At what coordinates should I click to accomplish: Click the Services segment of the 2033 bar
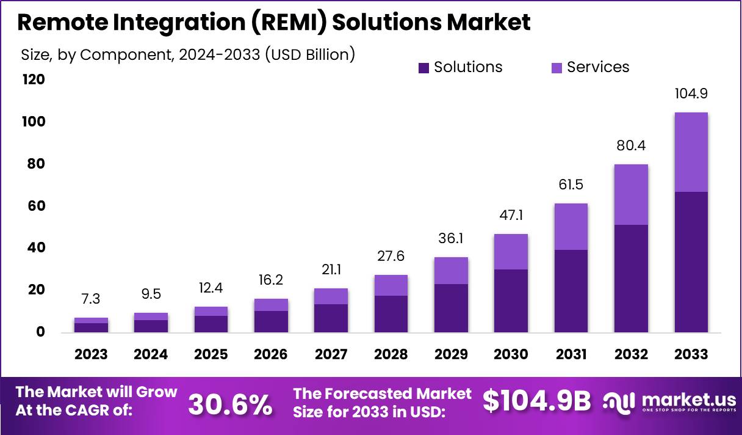click(x=691, y=152)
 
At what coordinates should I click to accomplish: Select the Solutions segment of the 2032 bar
click(x=631, y=279)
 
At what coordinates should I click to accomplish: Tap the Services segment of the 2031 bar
click(x=571, y=227)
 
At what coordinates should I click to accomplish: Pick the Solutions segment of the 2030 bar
click(x=511, y=301)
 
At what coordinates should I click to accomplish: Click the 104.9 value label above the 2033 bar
click(x=691, y=94)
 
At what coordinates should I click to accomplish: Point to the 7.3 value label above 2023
click(x=91, y=299)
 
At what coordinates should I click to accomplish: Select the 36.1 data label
click(x=452, y=239)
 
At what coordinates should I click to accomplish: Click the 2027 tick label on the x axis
click(x=332, y=354)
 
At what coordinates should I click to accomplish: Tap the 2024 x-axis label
click(x=151, y=354)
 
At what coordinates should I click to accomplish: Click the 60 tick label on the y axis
click(x=36, y=206)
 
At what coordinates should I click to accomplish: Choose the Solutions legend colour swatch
click(x=424, y=68)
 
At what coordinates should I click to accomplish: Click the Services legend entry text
click(x=598, y=67)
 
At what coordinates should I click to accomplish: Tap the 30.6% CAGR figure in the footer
click(x=230, y=404)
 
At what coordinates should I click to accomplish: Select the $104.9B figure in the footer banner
click(x=537, y=401)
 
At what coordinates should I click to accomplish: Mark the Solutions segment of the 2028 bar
click(x=392, y=314)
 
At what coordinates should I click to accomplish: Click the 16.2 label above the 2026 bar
click(x=271, y=280)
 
